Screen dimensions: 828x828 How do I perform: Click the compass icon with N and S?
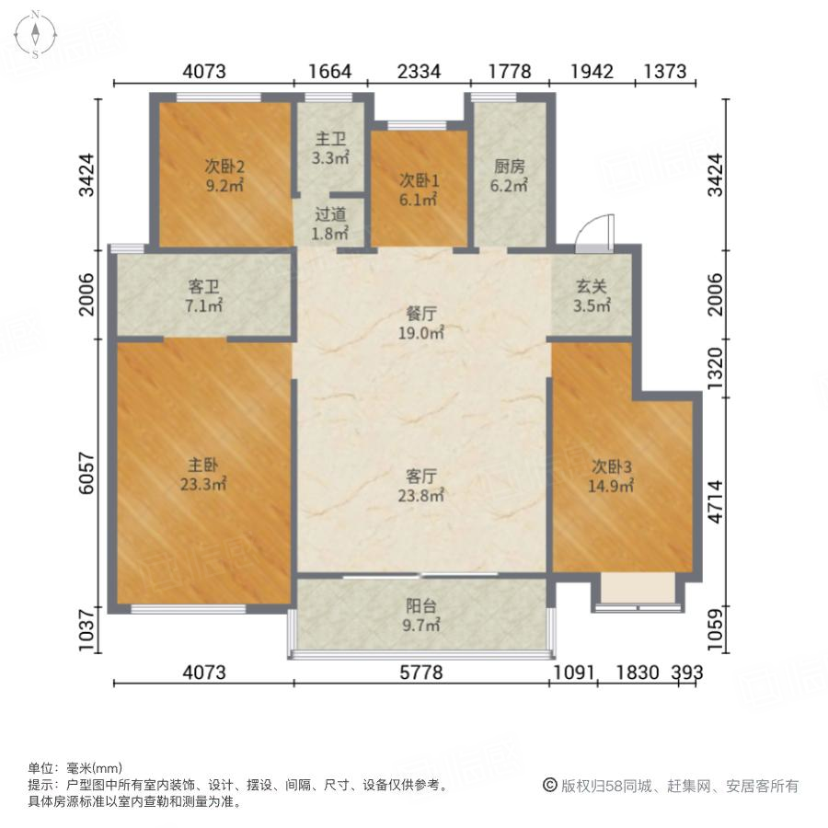35,35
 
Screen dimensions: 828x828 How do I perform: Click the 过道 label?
330,213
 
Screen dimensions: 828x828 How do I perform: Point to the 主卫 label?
330,140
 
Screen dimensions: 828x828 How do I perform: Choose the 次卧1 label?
419,181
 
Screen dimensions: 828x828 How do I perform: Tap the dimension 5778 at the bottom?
421,673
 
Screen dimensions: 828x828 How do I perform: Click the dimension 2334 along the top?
419,71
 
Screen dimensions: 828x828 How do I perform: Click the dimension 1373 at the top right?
665,71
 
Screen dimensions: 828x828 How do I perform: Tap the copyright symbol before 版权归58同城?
549,786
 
